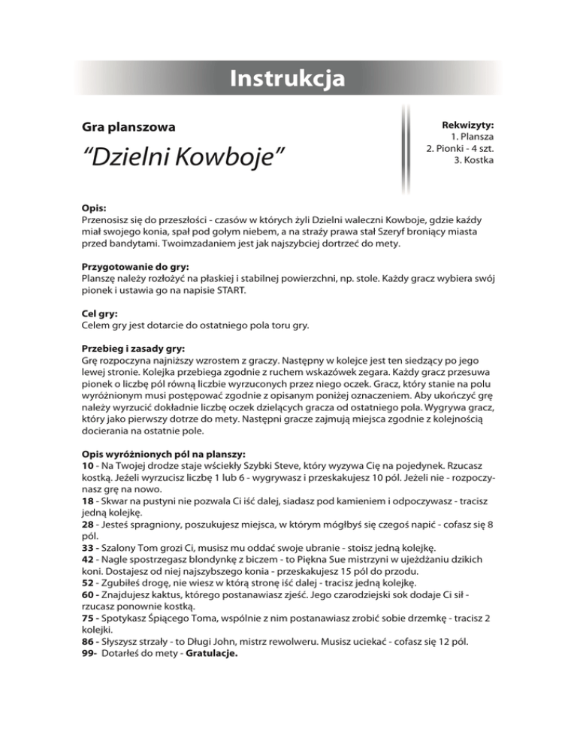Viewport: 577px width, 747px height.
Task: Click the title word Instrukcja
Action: point(288,78)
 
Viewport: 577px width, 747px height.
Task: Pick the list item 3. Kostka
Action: point(474,161)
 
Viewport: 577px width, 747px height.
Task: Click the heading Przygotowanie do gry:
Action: point(135,266)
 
